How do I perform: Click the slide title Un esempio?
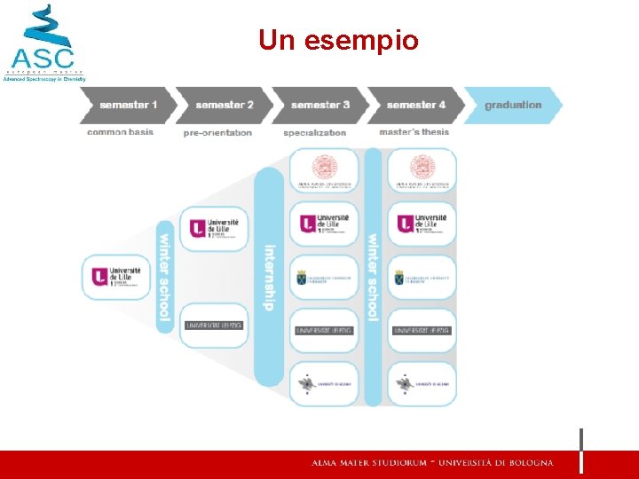(338, 40)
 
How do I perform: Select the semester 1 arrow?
(126, 105)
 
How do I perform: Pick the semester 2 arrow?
(223, 105)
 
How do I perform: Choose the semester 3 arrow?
(319, 105)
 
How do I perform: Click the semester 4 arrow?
(414, 105)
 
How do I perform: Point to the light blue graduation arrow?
(513, 105)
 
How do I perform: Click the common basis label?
(120, 132)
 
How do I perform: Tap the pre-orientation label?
(217, 133)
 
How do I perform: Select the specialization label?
(314, 133)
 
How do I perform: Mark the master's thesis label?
(414, 132)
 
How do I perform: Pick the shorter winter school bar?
(164, 277)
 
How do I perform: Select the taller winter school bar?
(373, 277)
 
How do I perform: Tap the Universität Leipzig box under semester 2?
(214, 326)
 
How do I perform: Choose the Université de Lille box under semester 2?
(214, 228)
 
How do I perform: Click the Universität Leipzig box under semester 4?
(422, 330)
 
